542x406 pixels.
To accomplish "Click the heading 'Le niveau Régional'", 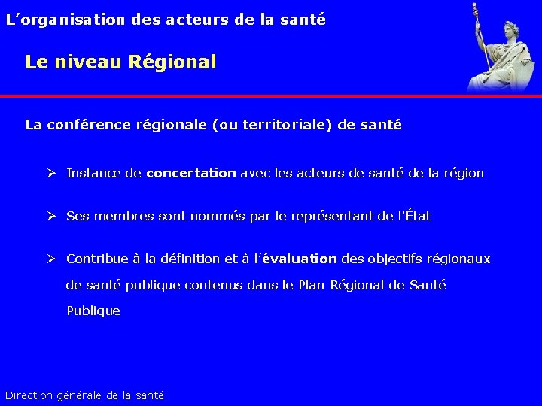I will click(120, 62).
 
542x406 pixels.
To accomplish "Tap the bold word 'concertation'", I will click(191, 174).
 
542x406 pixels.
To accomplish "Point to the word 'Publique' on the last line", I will click(93, 311).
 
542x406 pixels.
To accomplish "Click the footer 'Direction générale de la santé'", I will click(84, 395).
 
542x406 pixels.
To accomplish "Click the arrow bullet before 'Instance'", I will click(52, 174).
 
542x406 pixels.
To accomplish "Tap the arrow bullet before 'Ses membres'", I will click(52, 217).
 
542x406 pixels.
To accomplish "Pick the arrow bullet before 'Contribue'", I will click(52, 259).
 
